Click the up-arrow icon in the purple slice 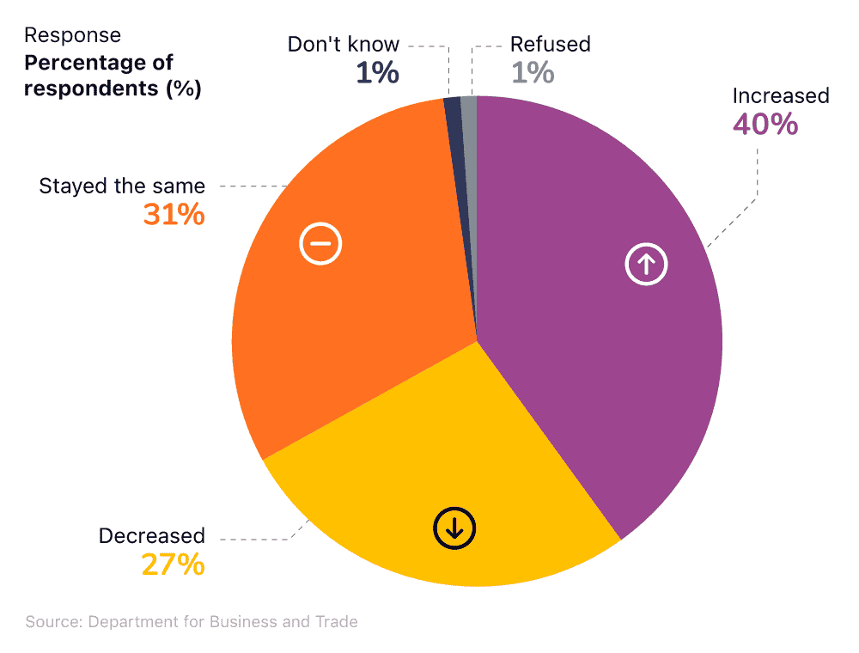pos(646,265)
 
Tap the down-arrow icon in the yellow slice pos(454,528)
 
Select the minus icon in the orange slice pos(320,244)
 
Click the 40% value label pos(765,125)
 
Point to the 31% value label pos(174,215)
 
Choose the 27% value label pos(174,565)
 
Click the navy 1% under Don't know pos(377,73)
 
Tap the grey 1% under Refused pos(533,73)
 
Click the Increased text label pos(780,95)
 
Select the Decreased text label pos(152,536)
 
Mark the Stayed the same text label pos(122,186)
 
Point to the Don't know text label pos(344,45)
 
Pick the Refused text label pos(551,45)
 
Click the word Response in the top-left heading pos(72,35)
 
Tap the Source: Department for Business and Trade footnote pos(192,621)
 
